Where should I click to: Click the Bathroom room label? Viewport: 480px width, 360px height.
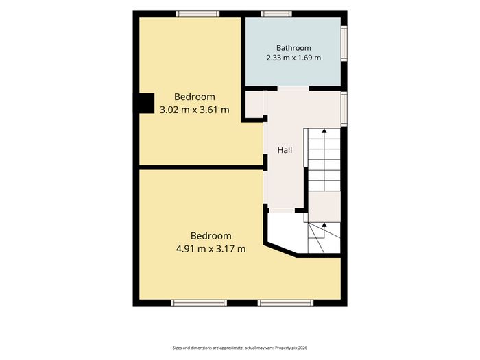(x=293, y=48)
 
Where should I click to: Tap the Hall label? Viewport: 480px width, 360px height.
(x=285, y=150)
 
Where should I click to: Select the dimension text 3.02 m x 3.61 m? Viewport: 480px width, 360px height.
(x=194, y=110)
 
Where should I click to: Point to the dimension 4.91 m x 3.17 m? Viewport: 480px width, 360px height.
(x=211, y=248)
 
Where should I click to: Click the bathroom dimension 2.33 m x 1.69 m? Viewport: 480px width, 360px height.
(x=293, y=58)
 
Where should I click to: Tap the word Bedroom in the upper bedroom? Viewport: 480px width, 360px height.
(x=194, y=97)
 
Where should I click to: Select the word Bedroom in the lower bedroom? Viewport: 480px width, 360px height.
(x=211, y=236)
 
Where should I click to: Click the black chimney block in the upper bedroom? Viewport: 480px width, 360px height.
(x=146, y=104)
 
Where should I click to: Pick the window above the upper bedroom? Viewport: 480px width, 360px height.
(x=197, y=14)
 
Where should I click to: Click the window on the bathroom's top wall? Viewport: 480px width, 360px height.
(x=276, y=14)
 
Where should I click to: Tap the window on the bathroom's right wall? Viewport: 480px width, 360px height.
(x=344, y=43)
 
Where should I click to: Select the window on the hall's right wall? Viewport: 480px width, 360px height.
(x=344, y=109)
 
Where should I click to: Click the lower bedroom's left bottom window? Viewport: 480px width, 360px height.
(x=199, y=303)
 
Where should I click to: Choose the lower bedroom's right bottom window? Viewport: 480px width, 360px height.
(x=286, y=303)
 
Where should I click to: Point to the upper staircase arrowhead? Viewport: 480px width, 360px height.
(x=324, y=131)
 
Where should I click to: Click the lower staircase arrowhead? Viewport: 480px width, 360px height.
(x=324, y=225)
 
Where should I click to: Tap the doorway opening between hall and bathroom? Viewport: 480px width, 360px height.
(x=293, y=88)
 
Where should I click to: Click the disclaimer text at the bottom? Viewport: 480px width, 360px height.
(x=240, y=348)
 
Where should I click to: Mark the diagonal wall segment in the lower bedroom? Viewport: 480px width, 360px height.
(x=280, y=250)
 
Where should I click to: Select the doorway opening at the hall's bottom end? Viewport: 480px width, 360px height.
(x=282, y=211)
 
